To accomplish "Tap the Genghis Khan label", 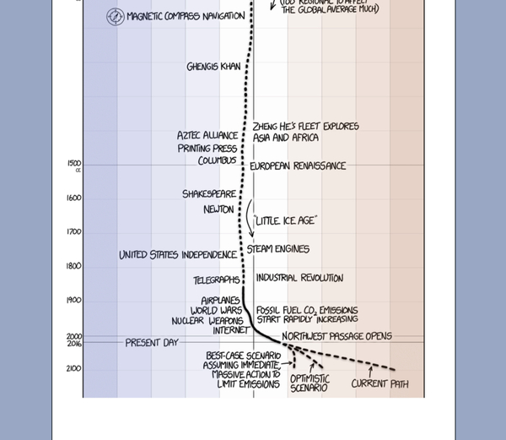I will pos(213,67).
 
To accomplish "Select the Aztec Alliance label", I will pos(207,135).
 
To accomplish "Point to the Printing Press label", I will pos(207,148).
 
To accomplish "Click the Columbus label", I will pos(218,160).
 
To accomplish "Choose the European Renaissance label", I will pos(298,166).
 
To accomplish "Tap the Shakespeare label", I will pos(210,194).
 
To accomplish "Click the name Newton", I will pos(218,209).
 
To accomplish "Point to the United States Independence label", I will pos(178,255).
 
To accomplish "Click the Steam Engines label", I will pos(277,249).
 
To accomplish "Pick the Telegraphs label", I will pos(216,280).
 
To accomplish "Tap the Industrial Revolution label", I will pos(299,278).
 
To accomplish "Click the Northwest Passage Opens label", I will pos(336,336).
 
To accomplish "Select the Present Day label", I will pos(152,343).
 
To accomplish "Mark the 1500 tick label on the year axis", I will pos(74,164).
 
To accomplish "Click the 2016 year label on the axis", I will pos(74,343).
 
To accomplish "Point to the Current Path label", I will pos(379,384).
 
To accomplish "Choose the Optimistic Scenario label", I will pos(310,383).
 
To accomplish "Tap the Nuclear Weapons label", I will pos(207,321).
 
